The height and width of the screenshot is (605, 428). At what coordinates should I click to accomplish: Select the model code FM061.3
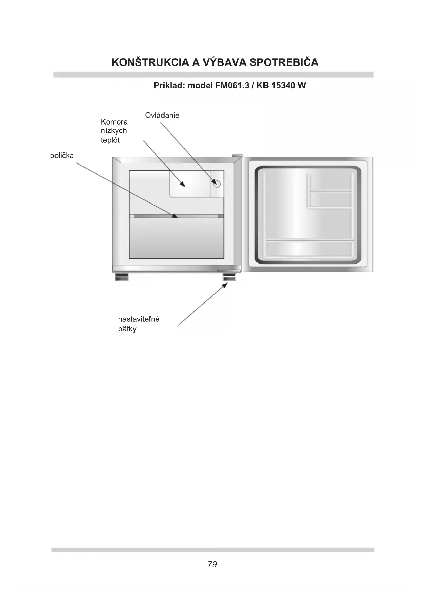(x=232, y=86)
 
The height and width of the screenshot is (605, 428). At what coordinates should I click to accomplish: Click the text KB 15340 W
(x=281, y=86)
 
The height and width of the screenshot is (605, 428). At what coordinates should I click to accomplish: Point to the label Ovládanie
(x=162, y=115)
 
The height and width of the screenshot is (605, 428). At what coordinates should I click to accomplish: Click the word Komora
(x=114, y=122)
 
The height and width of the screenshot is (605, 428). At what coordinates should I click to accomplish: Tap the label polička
(x=62, y=156)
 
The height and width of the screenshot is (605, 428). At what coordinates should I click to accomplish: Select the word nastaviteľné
(x=139, y=319)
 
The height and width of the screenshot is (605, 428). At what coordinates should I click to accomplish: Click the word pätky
(x=127, y=329)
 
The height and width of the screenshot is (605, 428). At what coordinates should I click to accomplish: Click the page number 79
(x=212, y=564)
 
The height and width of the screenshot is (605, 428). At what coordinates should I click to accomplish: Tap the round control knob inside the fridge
(x=217, y=184)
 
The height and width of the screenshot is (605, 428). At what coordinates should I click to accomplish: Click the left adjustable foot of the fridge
(x=121, y=277)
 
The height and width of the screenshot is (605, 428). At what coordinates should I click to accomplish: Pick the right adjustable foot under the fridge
(x=229, y=277)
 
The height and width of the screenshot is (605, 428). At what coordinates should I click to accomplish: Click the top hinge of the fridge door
(x=237, y=156)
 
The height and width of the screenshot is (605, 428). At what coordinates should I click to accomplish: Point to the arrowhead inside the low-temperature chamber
(x=183, y=184)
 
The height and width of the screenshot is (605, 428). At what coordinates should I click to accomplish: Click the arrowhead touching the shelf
(x=175, y=216)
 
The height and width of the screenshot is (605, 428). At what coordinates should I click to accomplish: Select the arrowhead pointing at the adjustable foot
(x=225, y=285)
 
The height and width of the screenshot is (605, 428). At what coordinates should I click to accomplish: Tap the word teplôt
(x=110, y=140)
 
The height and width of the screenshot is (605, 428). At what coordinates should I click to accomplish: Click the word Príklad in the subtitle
(x=169, y=86)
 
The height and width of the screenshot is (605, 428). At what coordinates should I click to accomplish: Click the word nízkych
(x=114, y=131)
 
